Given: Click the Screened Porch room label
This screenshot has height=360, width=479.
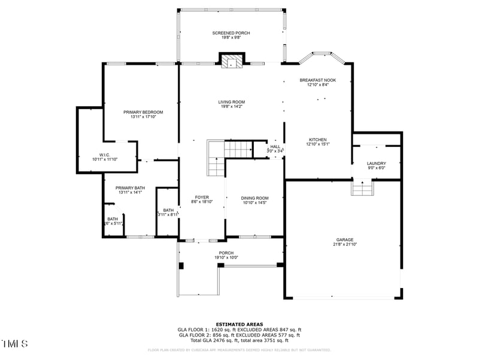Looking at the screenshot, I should click(231, 33).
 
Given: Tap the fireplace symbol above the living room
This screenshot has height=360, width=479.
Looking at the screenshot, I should click(232, 61).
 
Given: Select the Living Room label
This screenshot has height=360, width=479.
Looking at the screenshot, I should click(231, 102).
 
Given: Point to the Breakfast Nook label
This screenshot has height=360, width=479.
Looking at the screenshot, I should click(317, 80).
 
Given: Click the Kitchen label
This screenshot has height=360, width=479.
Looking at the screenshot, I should click(318, 139).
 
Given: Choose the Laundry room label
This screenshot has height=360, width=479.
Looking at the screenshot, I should click(376, 163).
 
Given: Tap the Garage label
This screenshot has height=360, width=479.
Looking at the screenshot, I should click(344, 239).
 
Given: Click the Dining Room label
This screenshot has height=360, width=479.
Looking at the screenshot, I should click(254, 198).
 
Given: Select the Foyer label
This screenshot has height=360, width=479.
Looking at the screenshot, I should click(201, 197).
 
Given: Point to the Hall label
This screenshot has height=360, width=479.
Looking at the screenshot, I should click(275, 146).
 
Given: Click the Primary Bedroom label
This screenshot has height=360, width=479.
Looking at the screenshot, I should click(143, 112).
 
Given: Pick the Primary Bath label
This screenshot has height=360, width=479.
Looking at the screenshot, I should click(131, 188).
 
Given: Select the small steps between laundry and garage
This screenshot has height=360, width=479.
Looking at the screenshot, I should click(363, 189).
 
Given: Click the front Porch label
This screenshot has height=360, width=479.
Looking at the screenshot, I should click(226, 253).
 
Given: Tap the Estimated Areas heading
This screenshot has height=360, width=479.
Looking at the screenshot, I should click(239, 324).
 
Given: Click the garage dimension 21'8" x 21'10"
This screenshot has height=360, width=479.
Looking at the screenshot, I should click(344, 244).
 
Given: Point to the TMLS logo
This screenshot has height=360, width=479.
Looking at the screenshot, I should click(15, 344).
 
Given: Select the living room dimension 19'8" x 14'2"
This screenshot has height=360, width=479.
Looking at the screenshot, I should click(231, 107).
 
